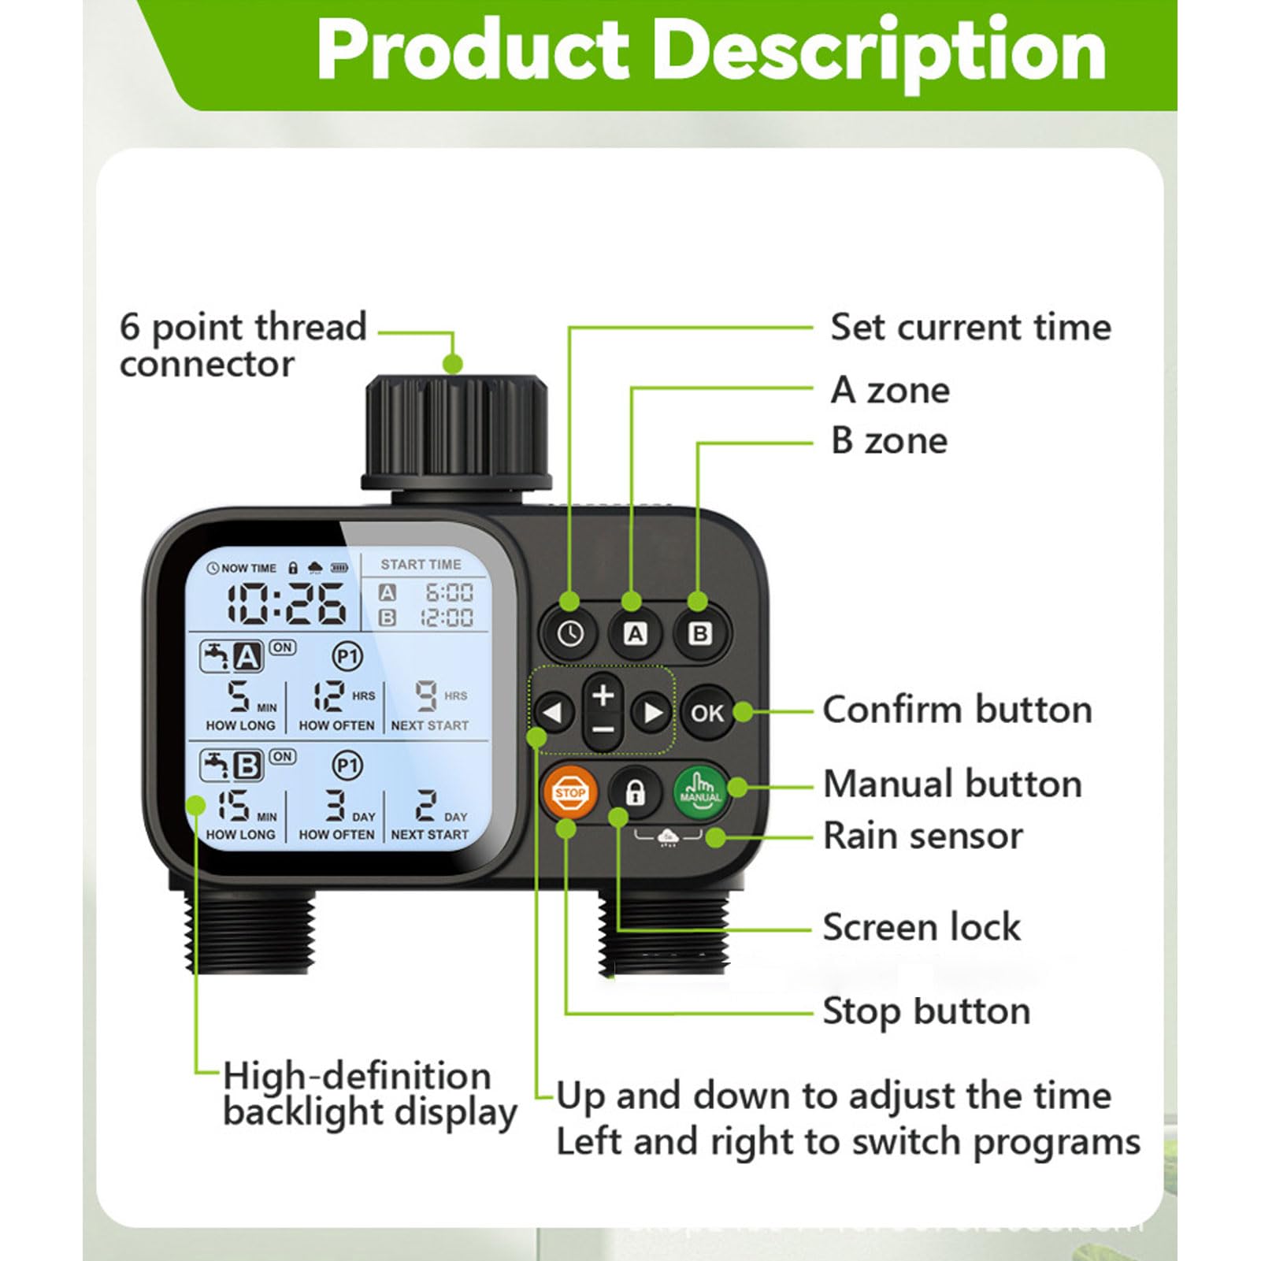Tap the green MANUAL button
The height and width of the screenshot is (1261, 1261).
(x=699, y=791)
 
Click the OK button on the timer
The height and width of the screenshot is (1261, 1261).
(x=707, y=713)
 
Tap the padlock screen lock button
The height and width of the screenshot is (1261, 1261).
(x=635, y=792)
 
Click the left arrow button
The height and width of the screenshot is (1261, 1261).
(x=554, y=712)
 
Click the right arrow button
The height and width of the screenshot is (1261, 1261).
(x=652, y=712)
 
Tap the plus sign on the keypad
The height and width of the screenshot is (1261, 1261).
(x=603, y=695)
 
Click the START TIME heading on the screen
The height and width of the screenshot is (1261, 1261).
(x=421, y=565)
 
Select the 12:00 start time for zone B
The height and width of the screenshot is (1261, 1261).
(x=447, y=618)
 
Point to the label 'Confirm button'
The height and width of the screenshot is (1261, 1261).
(x=957, y=710)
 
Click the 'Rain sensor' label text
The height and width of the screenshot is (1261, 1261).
(x=922, y=836)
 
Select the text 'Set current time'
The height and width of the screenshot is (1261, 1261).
(x=970, y=327)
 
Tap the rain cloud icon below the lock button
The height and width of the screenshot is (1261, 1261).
(x=668, y=836)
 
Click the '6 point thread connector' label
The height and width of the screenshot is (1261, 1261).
(x=243, y=345)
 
